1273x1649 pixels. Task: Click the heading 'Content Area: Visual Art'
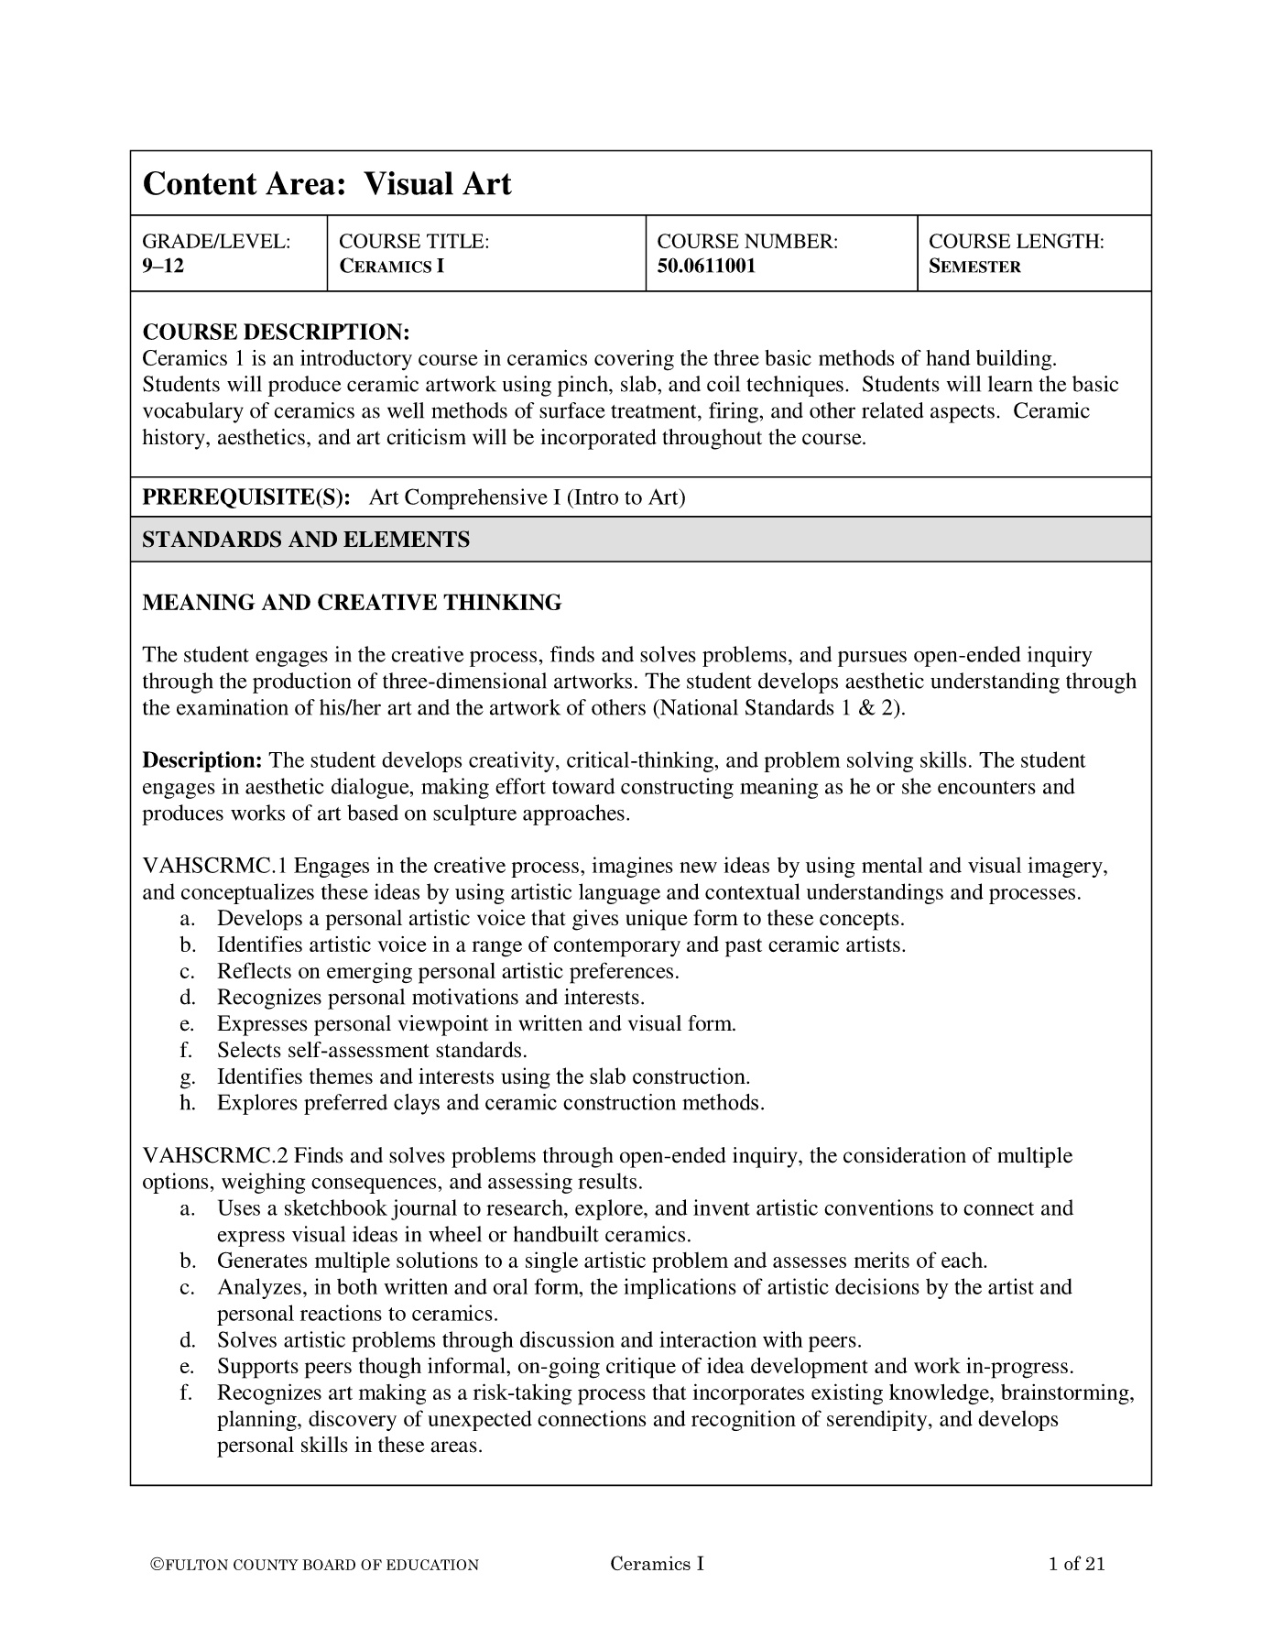[x=326, y=184]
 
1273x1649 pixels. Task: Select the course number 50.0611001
[x=707, y=268]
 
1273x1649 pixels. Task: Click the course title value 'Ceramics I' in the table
[x=391, y=268]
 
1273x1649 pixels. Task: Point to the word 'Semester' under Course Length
[x=974, y=268]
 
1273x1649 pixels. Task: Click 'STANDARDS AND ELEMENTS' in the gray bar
[x=306, y=540]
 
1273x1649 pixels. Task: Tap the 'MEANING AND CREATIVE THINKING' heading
[x=352, y=603]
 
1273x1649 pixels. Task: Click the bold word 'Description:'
[x=202, y=760]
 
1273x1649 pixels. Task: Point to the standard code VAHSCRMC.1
[x=215, y=866]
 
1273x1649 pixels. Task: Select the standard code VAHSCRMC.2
[x=215, y=1156]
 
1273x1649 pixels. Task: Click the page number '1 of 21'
[x=1076, y=1564]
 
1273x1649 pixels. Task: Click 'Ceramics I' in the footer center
[x=657, y=1564]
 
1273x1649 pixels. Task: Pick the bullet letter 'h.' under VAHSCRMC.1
[x=189, y=1103]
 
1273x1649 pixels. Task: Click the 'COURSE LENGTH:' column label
[x=1016, y=242]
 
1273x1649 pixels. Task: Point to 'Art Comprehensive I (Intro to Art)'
[x=527, y=497]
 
